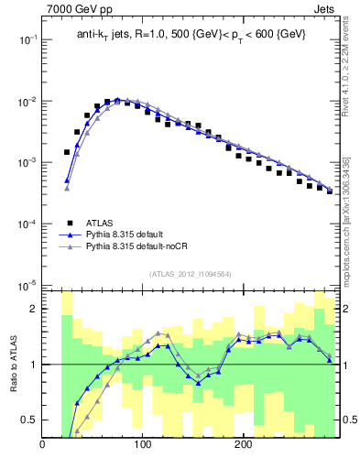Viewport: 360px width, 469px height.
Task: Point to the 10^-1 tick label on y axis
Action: (x=27, y=39)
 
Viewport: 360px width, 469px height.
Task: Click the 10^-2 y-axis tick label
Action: (x=27, y=101)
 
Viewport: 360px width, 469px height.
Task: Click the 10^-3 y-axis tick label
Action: (x=27, y=162)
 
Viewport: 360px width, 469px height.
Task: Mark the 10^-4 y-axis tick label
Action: (x=27, y=224)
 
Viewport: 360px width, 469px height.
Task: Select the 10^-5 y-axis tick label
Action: (x=27, y=284)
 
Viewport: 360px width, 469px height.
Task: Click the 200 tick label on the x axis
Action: (x=243, y=446)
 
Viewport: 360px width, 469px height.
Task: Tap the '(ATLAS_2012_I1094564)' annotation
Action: (x=190, y=273)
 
